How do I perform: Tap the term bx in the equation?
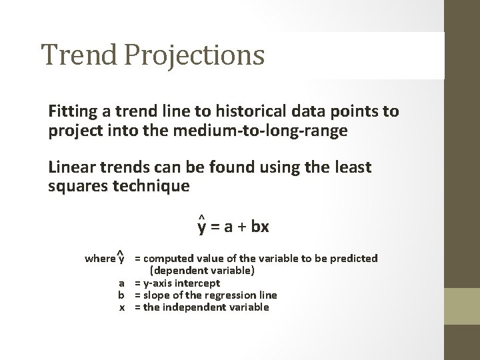click(x=261, y=227)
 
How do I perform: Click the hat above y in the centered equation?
click(x=201, y=217)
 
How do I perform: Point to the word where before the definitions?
click(x=99, y=259)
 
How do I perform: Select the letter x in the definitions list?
click(x=122, y=307)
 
